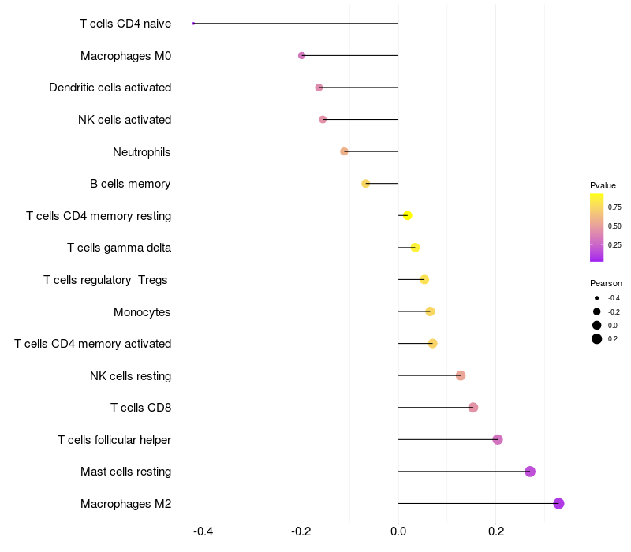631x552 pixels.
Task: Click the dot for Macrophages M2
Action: (x=558, y=503)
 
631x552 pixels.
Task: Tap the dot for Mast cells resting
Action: (x=530, y=472)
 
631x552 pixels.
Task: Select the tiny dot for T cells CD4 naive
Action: (x=193, y=24)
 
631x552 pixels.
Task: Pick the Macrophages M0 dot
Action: (x=301, y=55)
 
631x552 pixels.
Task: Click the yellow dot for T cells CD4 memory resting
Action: (x=407, y=215)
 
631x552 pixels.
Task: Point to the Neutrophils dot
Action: (x=344, y=151)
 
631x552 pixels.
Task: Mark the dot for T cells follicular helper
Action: (x=498, y=439)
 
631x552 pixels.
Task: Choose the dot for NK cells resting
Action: (x=461, y=375)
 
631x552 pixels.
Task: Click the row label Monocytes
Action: (x=142, y=312)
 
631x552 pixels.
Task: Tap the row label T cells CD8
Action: (x=140, y=408)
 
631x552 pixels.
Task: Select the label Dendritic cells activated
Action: (x=110, y=88)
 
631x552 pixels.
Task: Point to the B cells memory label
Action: (x=130, y=184)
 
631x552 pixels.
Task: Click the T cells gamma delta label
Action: (x=119, y=248)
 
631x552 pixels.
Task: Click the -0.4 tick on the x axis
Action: (x=203, y=531)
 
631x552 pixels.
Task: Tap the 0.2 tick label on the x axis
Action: (x=496, y=531)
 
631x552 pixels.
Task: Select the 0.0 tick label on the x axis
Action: (x=398, y=531)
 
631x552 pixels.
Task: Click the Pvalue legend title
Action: (x=603, y=185)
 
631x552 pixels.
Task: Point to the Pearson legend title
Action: (x=606, y=283)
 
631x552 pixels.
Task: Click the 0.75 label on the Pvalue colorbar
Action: (x=614, y=207)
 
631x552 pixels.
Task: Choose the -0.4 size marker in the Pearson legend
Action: (x=597, y=298)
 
